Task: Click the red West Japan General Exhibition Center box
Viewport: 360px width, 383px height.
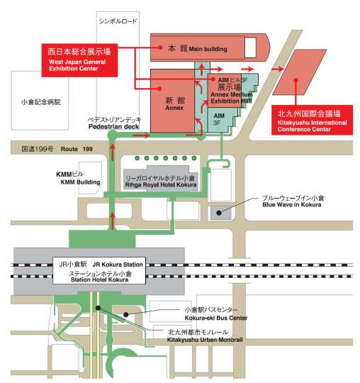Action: click(79, 60)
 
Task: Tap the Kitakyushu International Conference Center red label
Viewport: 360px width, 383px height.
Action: click(312, 120)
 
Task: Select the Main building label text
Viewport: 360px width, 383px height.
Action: click(208, 49)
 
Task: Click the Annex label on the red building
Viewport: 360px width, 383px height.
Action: click(174, 108)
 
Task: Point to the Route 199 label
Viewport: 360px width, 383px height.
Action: click(77, 149)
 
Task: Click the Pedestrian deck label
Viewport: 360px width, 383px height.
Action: click(113, 126)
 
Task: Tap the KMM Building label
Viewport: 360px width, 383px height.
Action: click(80, 182)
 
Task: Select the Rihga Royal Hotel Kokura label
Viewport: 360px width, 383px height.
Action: click(161, 185)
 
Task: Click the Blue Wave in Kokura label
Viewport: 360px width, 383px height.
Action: click(292, 205)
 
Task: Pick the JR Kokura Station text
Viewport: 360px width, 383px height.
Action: click(118, 265)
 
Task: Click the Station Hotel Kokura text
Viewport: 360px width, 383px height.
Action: click(100, 279)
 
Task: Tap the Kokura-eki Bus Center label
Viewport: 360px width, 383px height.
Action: click(216, 318)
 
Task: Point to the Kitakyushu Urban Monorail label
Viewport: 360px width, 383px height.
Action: click(205, 340)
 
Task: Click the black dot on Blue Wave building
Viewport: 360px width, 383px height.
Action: click(219, 213)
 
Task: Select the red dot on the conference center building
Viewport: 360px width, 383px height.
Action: click(296, 80)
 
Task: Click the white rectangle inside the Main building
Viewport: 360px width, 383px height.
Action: click(250, 48)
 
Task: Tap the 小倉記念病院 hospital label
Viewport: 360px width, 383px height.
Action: click(41, 102)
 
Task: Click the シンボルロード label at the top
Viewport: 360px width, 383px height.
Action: click(118, 21)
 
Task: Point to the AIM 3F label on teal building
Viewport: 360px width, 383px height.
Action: click(219, 119)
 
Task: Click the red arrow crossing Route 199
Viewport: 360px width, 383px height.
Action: click(113, 152)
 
